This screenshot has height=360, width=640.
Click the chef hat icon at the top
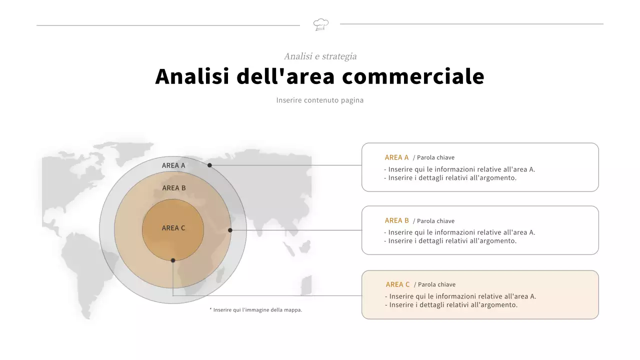pyautogui.click(x=320, y=24)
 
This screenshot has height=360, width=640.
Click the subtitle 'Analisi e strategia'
pyautogui.click(x=320, y=56)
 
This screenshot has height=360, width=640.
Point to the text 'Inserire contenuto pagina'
pyautogui.click(x=320, y=100)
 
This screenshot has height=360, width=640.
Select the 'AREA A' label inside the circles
pyautogui.click(x=173, y=165)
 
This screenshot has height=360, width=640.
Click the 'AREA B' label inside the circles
pyautogui.click(x=174, y=188)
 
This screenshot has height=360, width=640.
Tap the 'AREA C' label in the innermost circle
pyautogui.click(x=173, y=228)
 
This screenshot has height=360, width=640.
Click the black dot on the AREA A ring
pyautogui.click(x=210, y=165)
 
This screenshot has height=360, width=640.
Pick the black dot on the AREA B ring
pyautogui.click(x=230, y=230)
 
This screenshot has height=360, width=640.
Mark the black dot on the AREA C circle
pyautogui.click(x=173, y=260)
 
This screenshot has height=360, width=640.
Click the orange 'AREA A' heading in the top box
pyautogui.click(x=396, y=157)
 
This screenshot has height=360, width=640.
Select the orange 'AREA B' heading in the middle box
pyautogui.click(x=396, y=220)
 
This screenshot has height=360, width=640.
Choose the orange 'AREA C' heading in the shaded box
pyautogui.click(x=397, y=284)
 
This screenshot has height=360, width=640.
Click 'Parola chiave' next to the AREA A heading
pyautogui.click(x=435, y=157)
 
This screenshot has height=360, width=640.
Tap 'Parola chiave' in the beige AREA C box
pyautogui.click(x=436, y=284)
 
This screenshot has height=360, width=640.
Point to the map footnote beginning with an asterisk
pyautogui.click(x=255, y=310)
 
